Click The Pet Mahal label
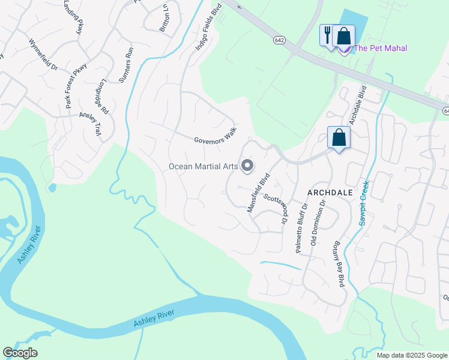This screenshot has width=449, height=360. point(381,48)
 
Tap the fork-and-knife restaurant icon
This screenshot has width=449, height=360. point(327,34)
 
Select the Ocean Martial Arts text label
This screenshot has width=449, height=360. point(203,166)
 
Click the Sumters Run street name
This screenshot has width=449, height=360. point(125,66)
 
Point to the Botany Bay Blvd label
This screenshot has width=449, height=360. point(338,265)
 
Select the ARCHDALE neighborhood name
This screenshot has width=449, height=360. point(329,193)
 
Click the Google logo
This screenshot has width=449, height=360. point(20,353)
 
